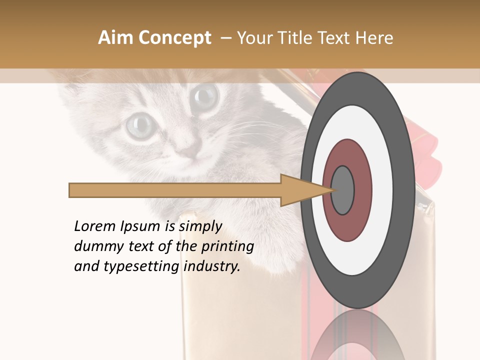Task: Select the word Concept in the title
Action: coord(174,38)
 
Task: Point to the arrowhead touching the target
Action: coord(305,190)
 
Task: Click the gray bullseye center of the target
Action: coord(343,190)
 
